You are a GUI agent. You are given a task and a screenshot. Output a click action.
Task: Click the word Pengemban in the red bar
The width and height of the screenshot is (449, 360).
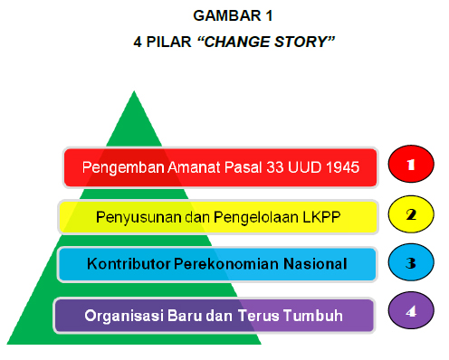pyautogui.click(x=119, y=167)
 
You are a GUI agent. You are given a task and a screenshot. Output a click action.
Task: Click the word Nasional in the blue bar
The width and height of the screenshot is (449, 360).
pyautogui.click(x=313, y=265)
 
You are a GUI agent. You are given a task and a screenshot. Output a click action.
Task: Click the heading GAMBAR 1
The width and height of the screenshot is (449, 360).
pyautogui.click(x=225, y=16)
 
